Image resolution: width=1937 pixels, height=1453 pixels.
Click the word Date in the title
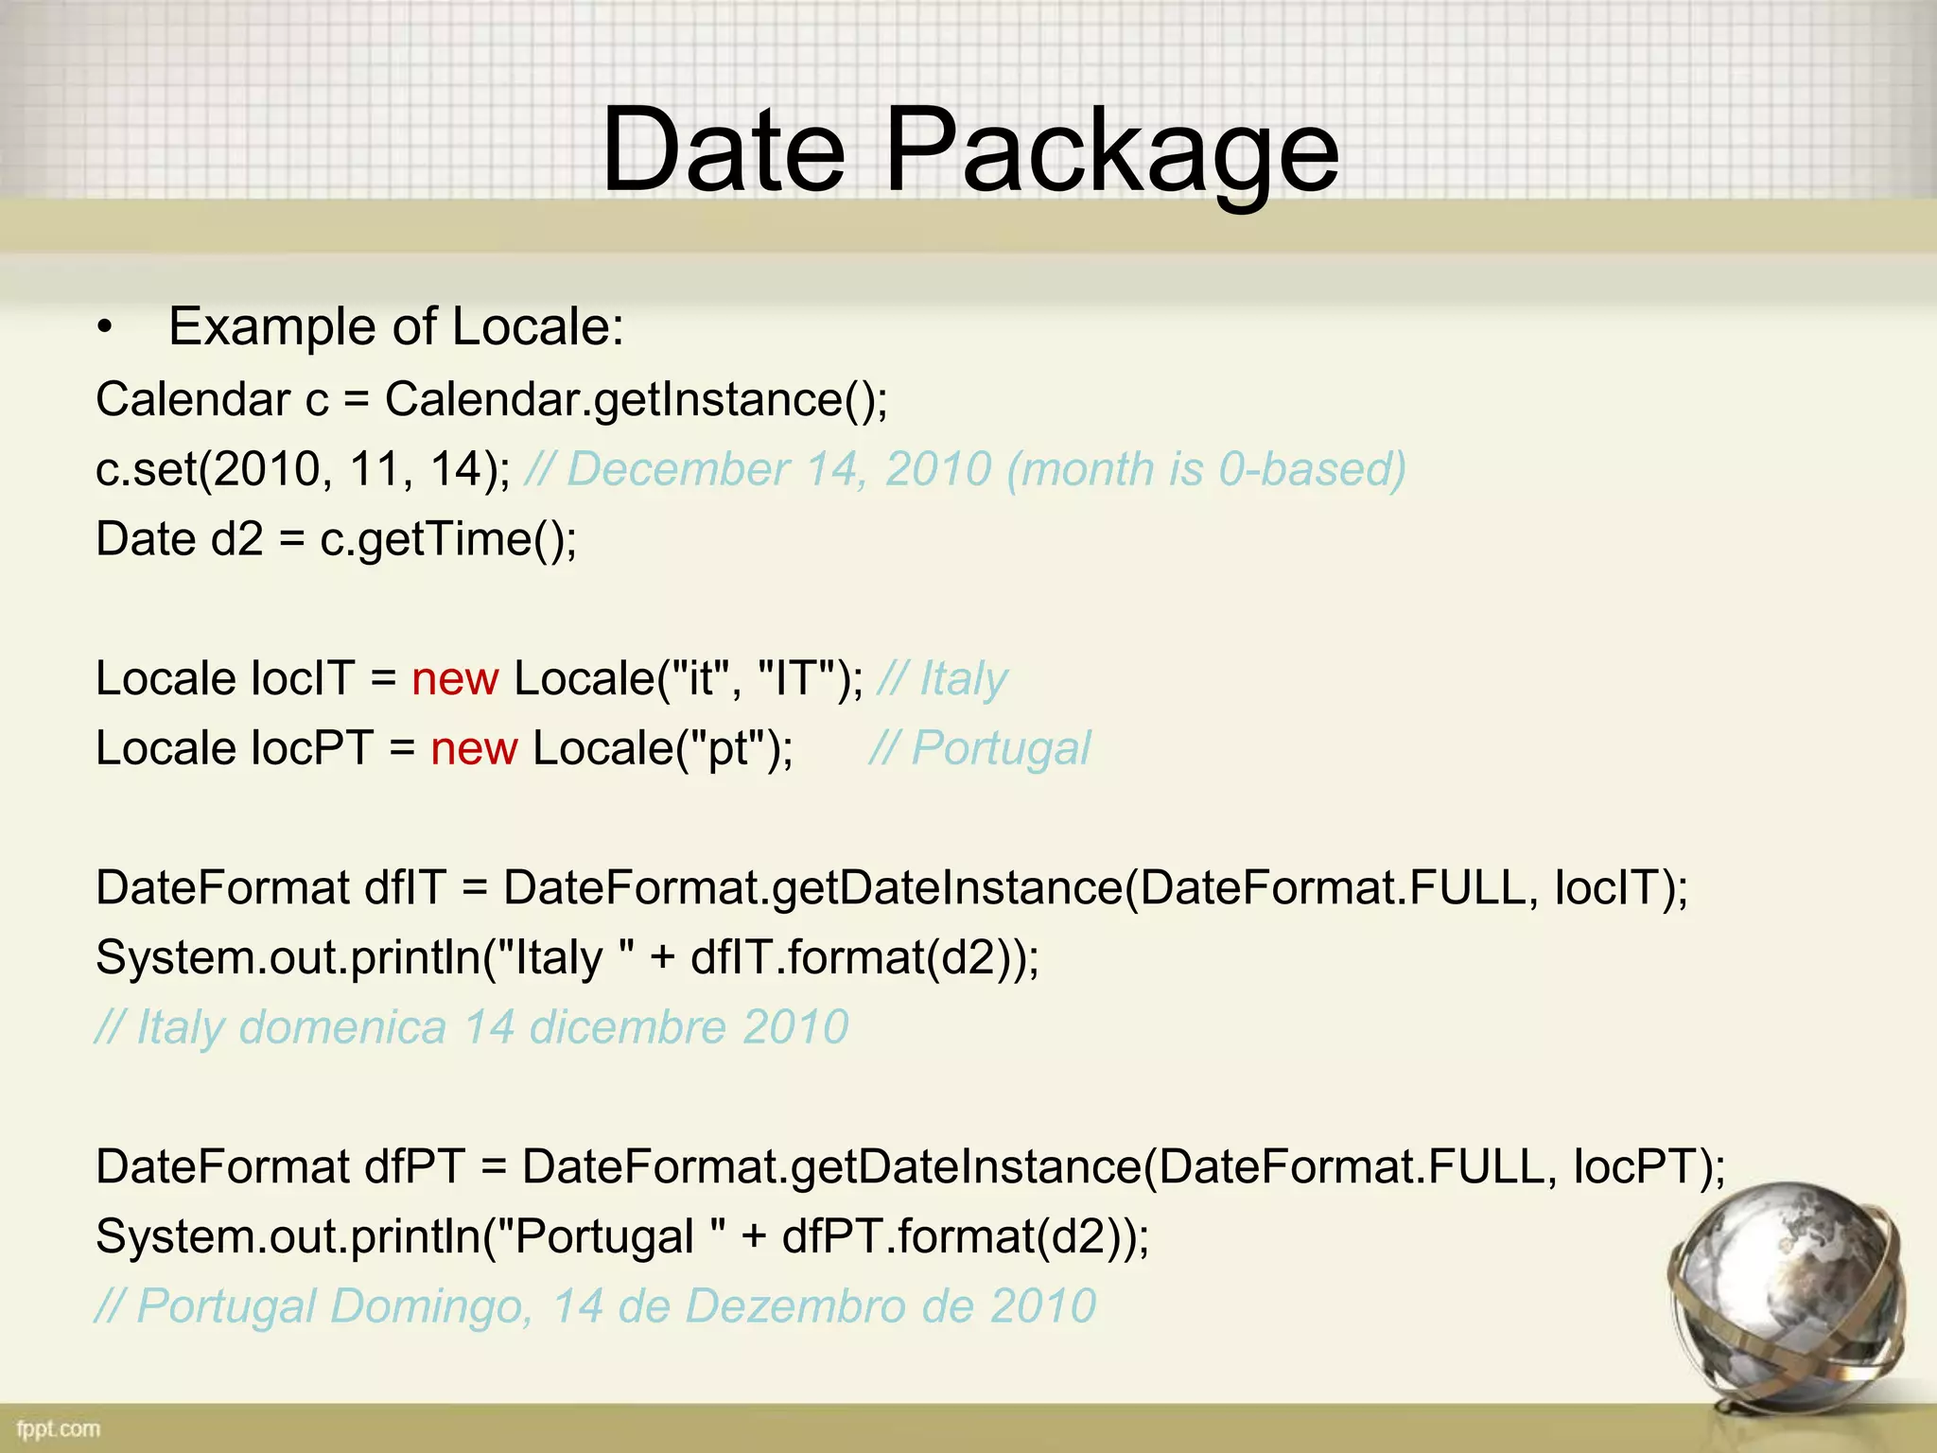click(x=724, y=149)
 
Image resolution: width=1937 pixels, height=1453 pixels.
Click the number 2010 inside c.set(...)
click(x=268, y=469)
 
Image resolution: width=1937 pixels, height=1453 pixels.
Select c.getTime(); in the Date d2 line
click(x=448, y=539)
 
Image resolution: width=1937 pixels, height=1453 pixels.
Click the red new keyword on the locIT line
click(x=455, y=679)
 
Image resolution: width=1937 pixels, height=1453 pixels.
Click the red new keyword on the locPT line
click(x=474, y=749)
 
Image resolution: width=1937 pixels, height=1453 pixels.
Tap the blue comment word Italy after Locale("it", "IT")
click(x=963, y=679)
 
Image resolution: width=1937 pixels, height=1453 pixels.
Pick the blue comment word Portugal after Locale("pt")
click(x=1001, y=749)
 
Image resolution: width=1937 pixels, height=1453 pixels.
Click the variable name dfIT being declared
click(x=405, y=888)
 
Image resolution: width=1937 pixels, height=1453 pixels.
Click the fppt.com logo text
click(x=59, y=1427)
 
